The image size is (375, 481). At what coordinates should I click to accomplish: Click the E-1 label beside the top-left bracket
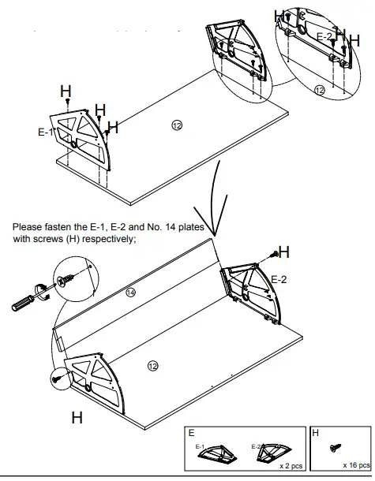(46, 132)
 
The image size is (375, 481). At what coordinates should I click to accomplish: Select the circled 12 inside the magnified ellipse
(320, 91)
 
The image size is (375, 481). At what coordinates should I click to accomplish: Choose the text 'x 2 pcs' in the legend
(290, 467)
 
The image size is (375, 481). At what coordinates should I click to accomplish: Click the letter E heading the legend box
(191, 434)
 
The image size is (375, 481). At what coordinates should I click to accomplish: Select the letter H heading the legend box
(317, 434)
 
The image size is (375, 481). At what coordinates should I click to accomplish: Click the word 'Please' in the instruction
(28, 227)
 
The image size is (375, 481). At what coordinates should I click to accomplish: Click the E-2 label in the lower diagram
(279, 279)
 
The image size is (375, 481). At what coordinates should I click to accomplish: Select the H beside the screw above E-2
(283, 252)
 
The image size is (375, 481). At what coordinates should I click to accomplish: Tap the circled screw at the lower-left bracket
(58, 379)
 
